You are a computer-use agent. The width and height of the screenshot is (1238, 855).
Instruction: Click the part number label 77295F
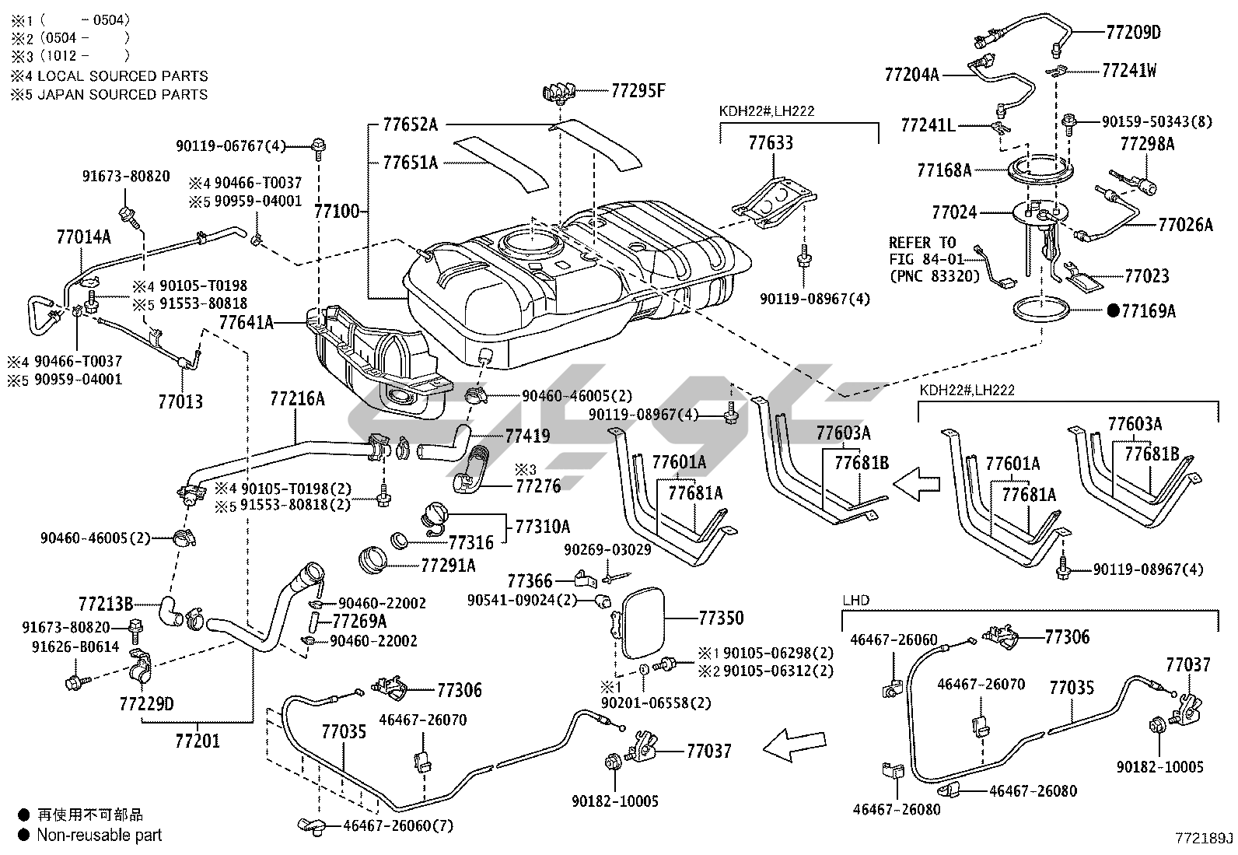tap(638, 90)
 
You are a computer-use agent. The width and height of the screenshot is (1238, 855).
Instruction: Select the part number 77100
tap(336, 211)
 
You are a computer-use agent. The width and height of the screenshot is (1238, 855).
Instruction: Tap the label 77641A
tap(246, 321)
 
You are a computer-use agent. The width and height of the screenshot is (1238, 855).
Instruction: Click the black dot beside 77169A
tap(1113, 311)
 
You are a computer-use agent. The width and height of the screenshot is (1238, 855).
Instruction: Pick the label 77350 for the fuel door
tap(721, 618)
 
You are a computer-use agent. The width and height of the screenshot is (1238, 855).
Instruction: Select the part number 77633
tap(771, 142)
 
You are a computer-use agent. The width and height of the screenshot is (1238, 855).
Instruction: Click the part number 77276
tap(538, 487)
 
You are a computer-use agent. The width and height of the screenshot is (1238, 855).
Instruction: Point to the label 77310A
tap(542, 526)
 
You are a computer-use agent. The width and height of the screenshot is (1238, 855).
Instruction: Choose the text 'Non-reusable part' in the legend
tap(100, 835)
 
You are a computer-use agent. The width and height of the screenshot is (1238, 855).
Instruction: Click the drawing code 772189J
tap(1205, 838)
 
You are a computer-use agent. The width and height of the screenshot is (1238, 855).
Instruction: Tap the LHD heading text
tap(856, 600)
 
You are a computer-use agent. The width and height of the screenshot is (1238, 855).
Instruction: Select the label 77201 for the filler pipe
tap(198, 741)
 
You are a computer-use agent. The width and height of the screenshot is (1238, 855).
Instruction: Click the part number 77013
tap(180, 401)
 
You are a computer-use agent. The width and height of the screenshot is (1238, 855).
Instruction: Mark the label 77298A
tap(1147, 144)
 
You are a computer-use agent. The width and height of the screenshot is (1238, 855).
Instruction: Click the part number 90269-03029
tap(607, 549)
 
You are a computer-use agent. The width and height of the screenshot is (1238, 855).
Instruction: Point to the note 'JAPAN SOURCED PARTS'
tap(123, 94)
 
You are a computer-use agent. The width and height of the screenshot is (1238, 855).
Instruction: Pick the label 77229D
tap(146, 704)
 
